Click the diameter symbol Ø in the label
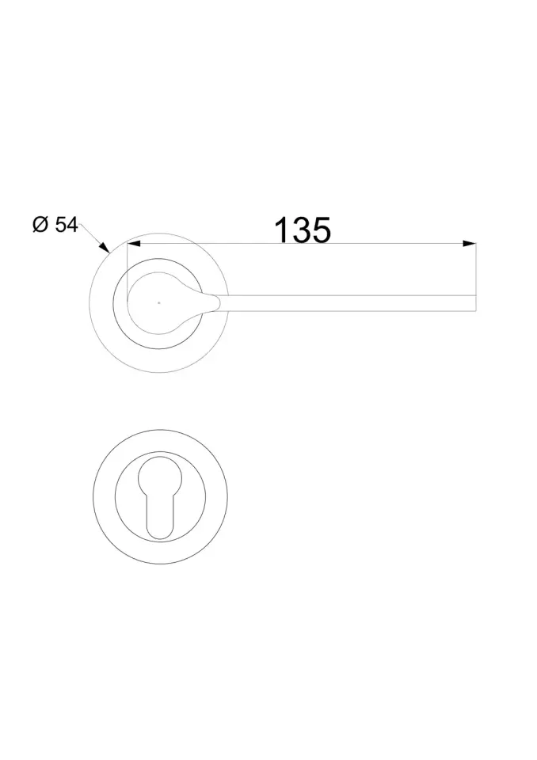tap(40, 224)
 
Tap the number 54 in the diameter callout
tap(67, 225)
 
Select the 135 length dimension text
tap(303, 230)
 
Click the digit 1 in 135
tap(282, 230)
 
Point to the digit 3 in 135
tap(303, 230)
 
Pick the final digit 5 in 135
tap(322, 230)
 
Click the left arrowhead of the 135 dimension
tap(133, 243)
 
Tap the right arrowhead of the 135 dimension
tap(469, 243)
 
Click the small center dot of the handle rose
tap(158, 303)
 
